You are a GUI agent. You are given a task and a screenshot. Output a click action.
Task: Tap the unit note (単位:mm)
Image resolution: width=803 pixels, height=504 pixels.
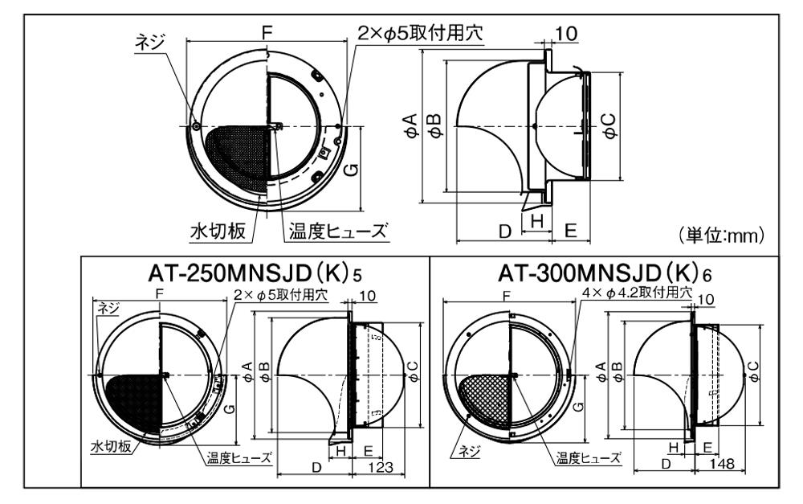click(721, 235)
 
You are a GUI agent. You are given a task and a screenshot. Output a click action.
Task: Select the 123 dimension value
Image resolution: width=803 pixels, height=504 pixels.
click(381, 467)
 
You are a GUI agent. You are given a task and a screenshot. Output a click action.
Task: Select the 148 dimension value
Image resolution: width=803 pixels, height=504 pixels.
click(722, 464)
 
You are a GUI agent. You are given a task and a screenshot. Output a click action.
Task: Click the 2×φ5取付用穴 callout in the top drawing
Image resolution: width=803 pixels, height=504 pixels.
click(420, 33)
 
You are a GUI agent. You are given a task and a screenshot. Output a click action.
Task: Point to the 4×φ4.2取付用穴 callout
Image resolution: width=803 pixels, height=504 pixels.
click(637, 293)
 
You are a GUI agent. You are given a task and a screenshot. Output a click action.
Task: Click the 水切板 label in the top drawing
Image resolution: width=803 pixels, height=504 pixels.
click(218, 232)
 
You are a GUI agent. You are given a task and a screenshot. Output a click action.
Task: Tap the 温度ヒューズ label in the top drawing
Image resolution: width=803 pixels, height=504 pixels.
click(337, 232)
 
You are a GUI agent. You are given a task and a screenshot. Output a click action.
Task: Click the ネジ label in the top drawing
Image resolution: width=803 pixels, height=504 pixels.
click(149, 42)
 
